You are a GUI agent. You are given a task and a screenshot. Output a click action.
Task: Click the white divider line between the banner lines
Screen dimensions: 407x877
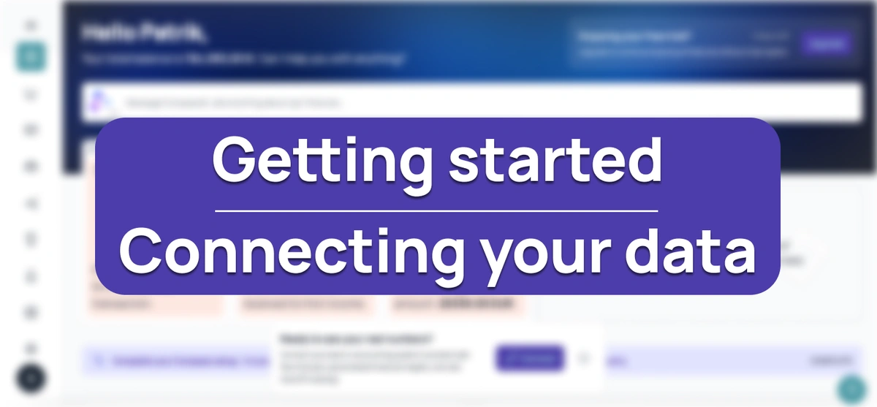[x=436, y=211]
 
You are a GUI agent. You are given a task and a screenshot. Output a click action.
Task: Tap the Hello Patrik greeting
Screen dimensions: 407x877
[x=144, y=33]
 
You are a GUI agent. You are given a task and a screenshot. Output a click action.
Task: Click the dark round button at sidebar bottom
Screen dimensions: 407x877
[x=31, y=379]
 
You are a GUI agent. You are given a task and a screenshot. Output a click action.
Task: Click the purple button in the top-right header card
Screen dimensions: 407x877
[x=826, y=43]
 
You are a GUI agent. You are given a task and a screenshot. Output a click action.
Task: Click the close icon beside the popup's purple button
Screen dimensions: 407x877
[x=583, y=358]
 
